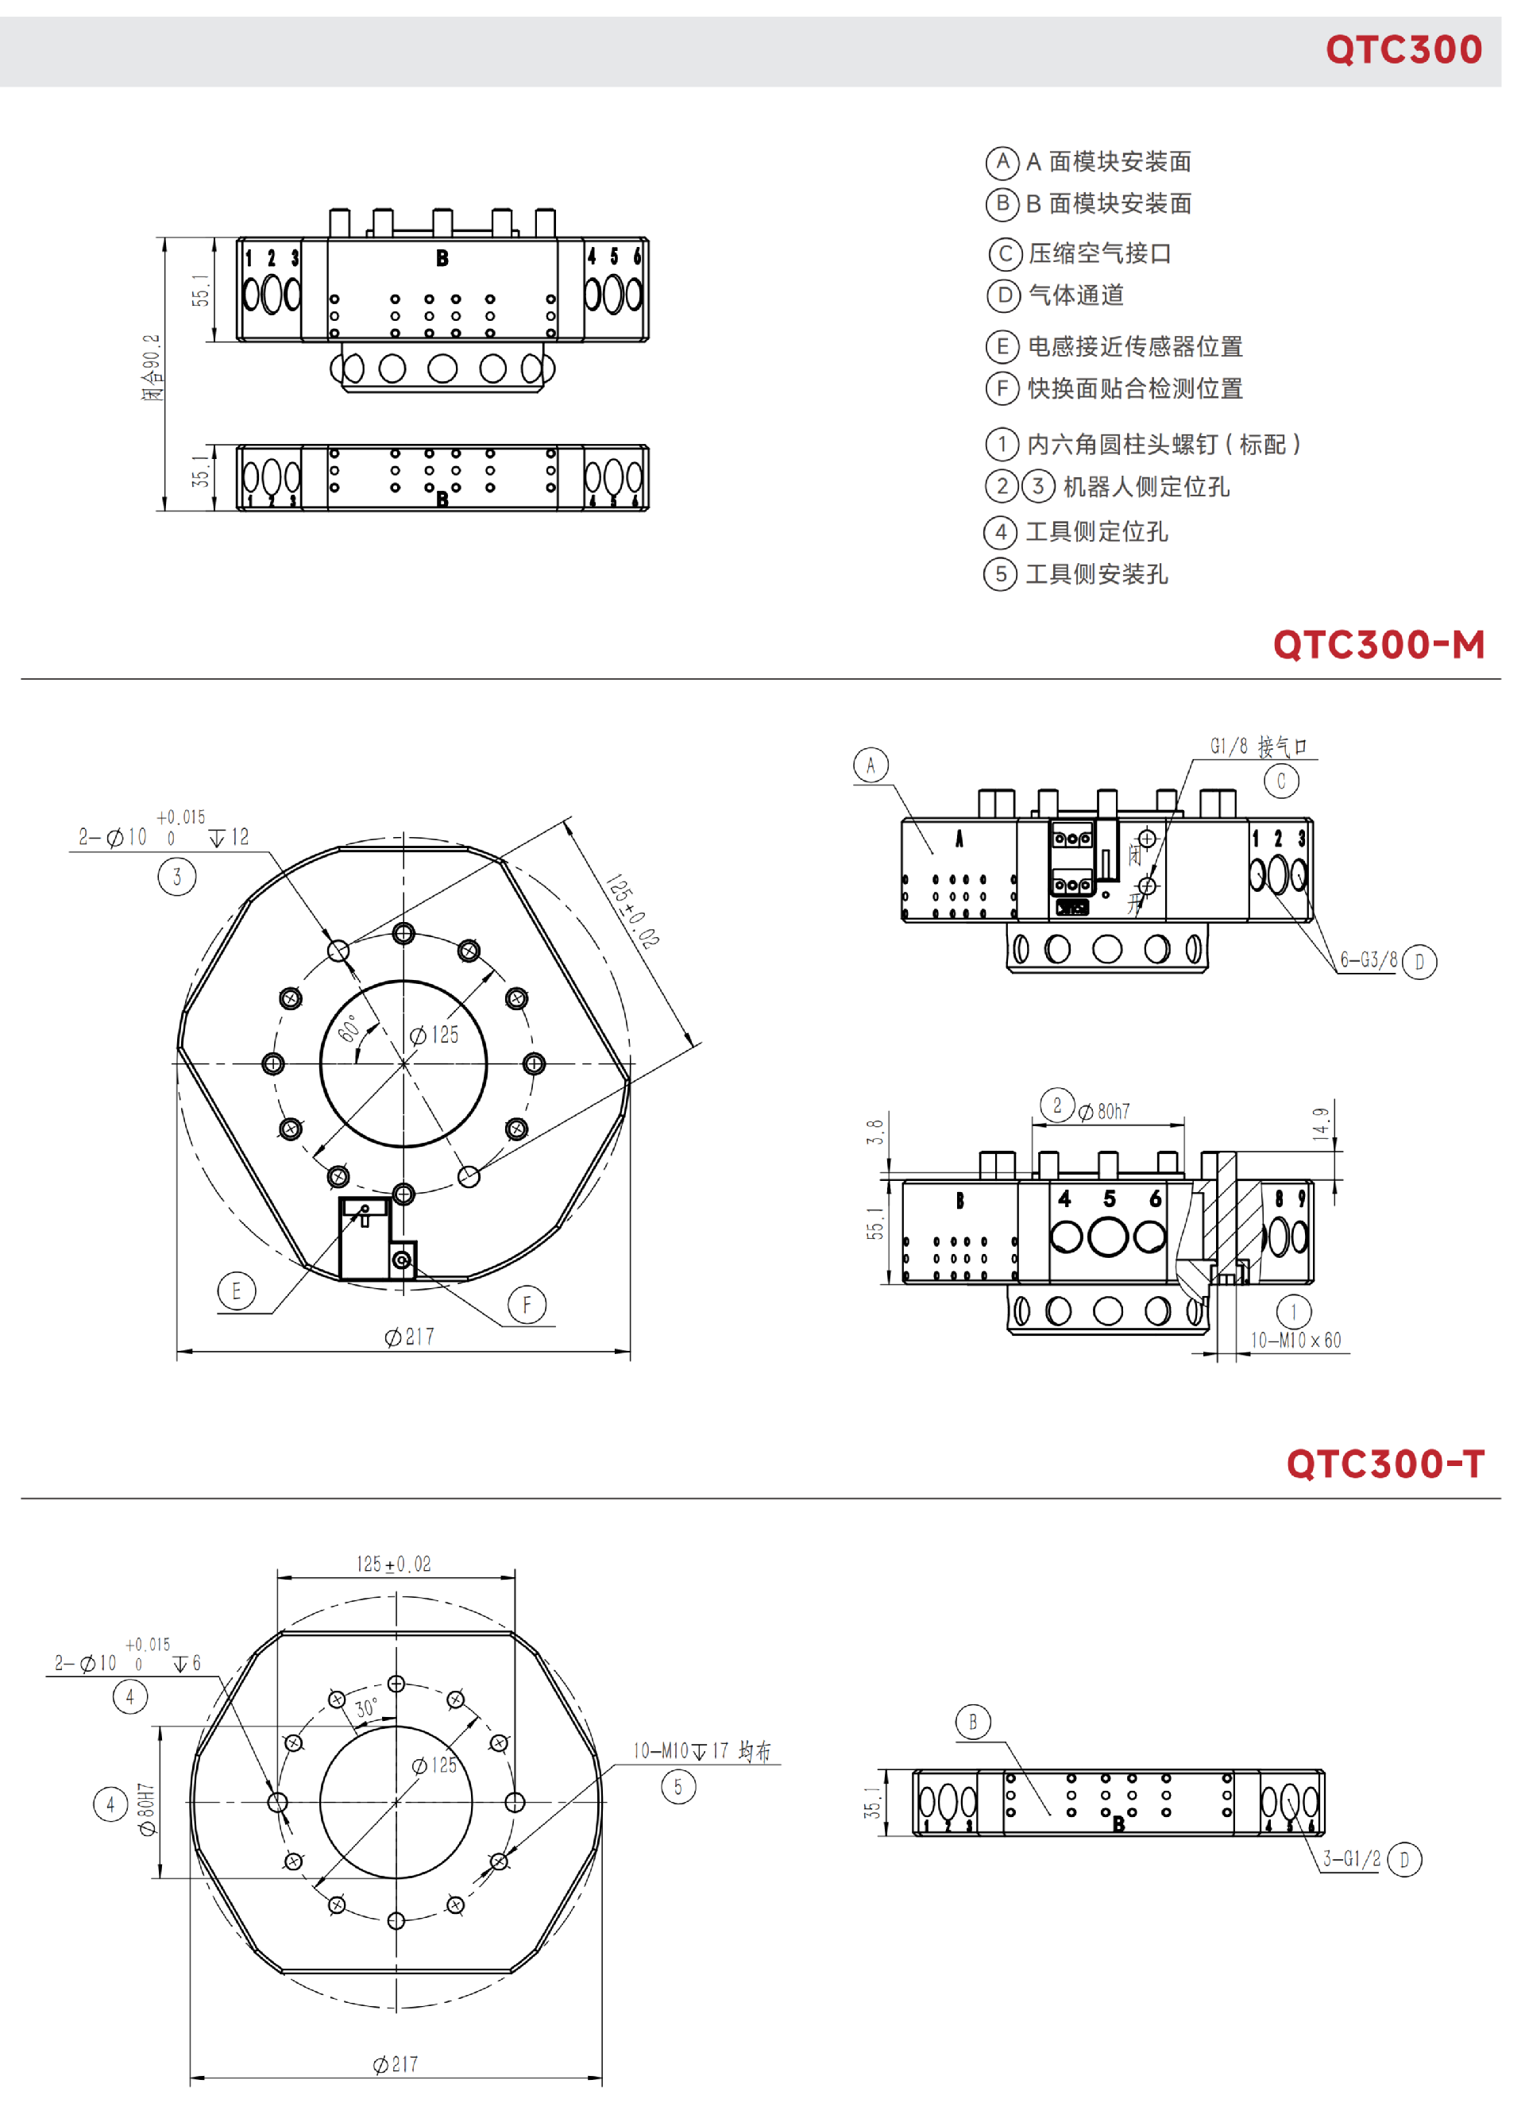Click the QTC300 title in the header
tap(1403, 49)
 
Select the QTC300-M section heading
tap(1378, 645)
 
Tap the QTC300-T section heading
tap(1384, 1464)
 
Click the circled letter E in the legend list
tap(1002, 346)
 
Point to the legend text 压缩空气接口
tap(1099, 253)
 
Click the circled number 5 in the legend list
tap(1000, 573)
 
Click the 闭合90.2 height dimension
tap(152, 368)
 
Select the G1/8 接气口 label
tap(1258, 746)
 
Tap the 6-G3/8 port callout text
tap(1369, 959)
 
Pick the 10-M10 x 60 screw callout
tap(1295, 1340)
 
